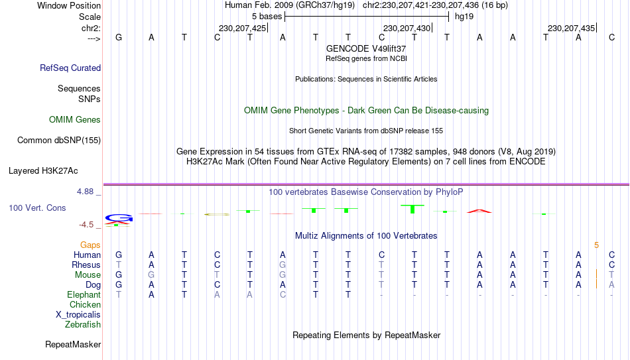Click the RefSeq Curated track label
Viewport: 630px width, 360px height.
point(70,68)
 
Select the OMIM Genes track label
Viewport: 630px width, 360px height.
point(75,120)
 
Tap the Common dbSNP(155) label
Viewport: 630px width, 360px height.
point(59,141)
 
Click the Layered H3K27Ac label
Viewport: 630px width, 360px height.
point(43,171)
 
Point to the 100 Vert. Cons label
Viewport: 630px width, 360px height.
point(37,208)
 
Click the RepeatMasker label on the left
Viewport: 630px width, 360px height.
point(73,344)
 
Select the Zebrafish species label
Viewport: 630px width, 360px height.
point(83,324)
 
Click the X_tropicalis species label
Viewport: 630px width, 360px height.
point(78,315)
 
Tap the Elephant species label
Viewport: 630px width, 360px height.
point(84,294)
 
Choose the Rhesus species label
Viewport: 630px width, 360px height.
point(86,265)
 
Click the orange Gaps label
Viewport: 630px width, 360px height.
point(90,245)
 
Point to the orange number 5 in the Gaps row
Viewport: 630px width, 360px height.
point(597,245)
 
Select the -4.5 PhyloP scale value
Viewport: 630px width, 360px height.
point(86,225)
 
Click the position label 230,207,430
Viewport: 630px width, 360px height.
point(407,28)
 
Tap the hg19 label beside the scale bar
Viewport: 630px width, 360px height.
point(464,17)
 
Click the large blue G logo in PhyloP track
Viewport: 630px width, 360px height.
point(119,218)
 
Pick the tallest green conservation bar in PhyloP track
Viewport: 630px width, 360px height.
point(412,209)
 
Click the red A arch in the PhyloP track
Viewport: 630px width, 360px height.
point(479,211)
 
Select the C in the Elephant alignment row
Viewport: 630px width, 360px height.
point(283,294)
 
